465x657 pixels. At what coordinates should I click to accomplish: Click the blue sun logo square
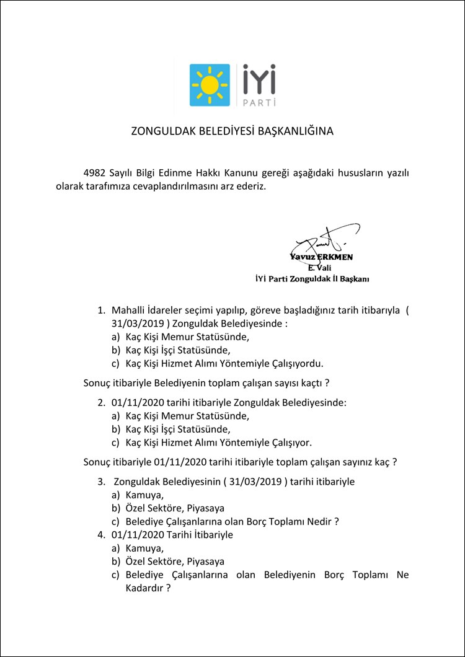pyautogui.click(x=209, y=84)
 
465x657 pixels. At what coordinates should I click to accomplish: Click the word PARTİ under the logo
pyautogui.click(x=258, y=101)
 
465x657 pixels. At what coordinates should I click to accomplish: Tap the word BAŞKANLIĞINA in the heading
pyautogui.click(x=304, y=131)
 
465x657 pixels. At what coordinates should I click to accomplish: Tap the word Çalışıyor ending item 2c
pyautogui.click(x=290, y=443)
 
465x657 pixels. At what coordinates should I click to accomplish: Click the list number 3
pyautogui.click(x=101, y=482)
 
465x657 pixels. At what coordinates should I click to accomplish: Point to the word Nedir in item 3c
pyautogui.click(x=319, y=521)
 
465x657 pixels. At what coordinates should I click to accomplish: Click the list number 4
pyautogui.click(x=101, y=534)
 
